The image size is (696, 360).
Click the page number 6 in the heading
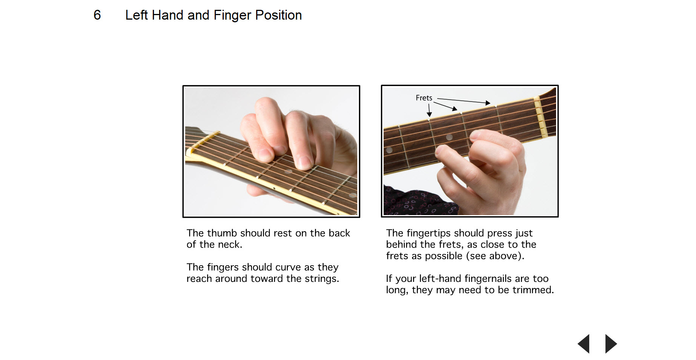pyautogui.click(x=97, y=15)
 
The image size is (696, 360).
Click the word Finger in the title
pyautogui.click(x=232, y=15)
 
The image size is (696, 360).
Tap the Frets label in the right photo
pyautogui.click(x=424, y=98)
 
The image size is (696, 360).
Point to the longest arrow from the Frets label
pyautogui.click(x=464, y=101)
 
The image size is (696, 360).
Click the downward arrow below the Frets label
pyautogui.click(x=429, y=110)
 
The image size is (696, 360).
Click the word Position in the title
pyautogui.click(x=278, y=15)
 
